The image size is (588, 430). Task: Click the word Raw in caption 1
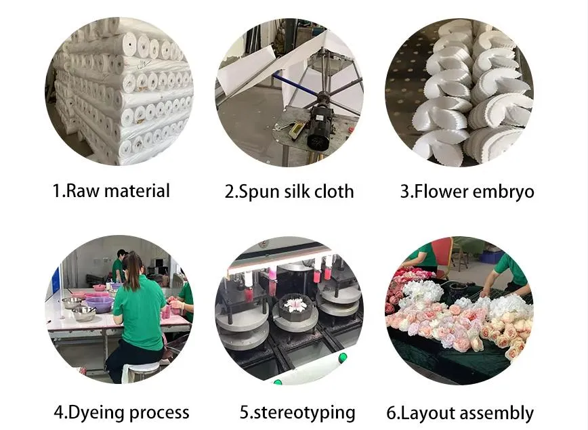[x=82, y=191]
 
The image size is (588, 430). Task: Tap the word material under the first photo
[x=137, y=191]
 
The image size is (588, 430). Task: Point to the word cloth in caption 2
[x=334, y=191]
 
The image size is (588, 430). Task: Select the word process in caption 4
[x=159, y=414]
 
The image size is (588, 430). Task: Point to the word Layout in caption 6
[x=425, y=413]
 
